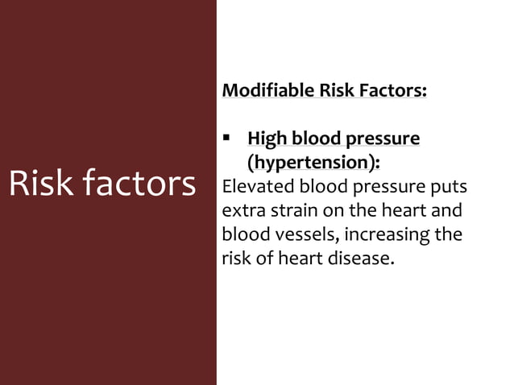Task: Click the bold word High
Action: click(268, 139)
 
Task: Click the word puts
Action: click(450, 187)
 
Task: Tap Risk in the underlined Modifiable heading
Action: click(340, 89)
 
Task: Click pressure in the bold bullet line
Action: click(381, 139)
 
